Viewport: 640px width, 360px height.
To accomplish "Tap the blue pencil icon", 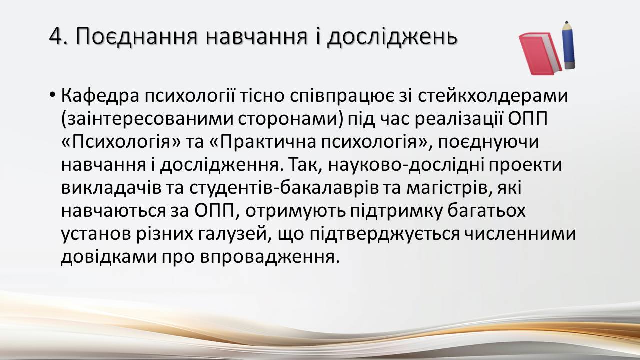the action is [568, 45].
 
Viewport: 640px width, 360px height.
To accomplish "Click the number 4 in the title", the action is [56, 37].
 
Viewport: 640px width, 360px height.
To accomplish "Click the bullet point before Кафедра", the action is [52, 94].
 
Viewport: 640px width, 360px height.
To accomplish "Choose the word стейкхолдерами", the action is [493, 96].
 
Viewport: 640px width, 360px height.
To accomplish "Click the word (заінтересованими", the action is [147, 119].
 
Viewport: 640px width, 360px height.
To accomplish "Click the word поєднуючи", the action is [488, 142].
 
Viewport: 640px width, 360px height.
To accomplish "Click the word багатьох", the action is [486, 211].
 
